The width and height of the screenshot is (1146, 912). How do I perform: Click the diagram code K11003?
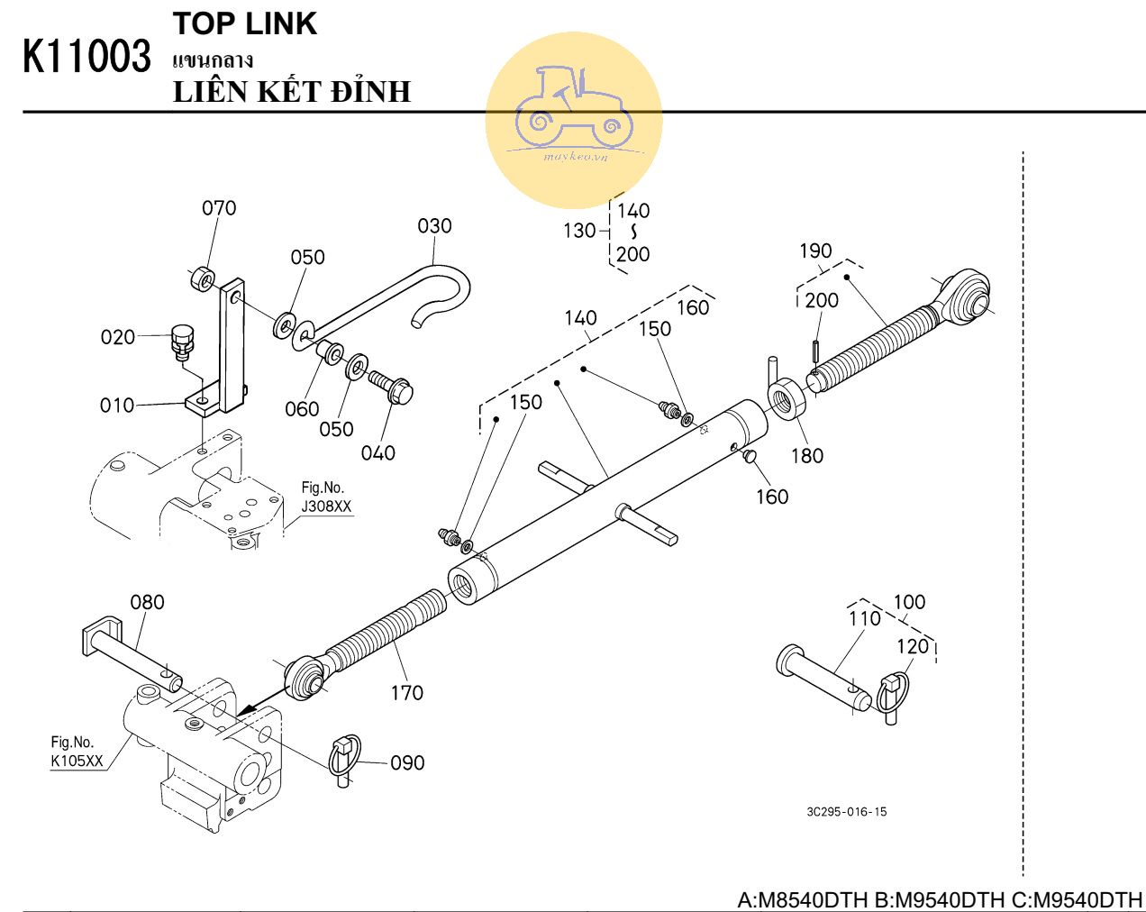[x=86, y=57]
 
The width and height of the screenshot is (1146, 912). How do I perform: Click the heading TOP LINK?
[x=244, y=24]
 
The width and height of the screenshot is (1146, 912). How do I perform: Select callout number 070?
[x=219, y=208]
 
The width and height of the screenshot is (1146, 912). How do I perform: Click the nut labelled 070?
[x=203, y=278]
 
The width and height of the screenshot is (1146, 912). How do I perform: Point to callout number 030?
[x=434, y=225]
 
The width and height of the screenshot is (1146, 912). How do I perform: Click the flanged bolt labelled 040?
[x=391, y=387]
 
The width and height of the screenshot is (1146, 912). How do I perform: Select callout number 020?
[x=117, y=337]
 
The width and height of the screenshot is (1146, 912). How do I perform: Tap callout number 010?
[x=117, y=406]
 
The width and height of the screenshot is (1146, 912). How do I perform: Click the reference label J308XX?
[x=326, y=506]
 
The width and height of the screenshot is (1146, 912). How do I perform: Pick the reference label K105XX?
[x=77, y=762]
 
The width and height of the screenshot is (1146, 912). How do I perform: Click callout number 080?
[x=148, y=602]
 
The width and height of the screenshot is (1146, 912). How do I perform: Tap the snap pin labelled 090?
[x=344, y=758]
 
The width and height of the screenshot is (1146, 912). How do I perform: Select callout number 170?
[x=406, y=692]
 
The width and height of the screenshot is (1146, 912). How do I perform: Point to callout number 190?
[x=815, y=251]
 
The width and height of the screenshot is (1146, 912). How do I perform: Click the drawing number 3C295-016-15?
[x=846, y=812]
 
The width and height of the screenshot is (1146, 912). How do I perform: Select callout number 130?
[x=579, y=231]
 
